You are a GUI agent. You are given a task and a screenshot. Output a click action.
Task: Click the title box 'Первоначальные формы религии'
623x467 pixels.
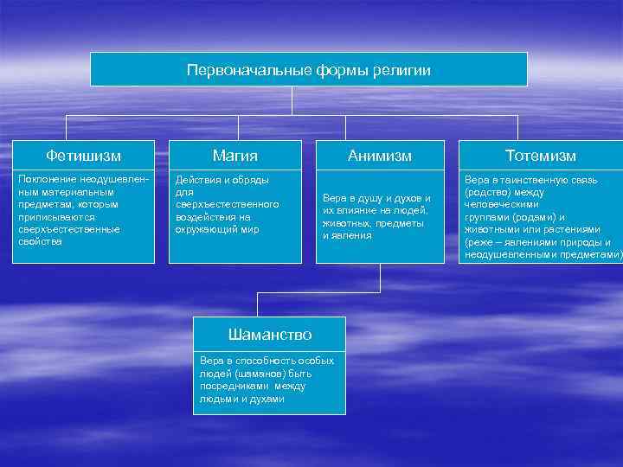(308, 69)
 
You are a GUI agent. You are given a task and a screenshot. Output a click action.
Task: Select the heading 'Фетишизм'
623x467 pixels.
(83, 156)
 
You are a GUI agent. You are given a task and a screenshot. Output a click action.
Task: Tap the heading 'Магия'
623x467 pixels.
(235, 156)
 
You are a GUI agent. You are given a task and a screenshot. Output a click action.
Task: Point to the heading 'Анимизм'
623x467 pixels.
(379, 156)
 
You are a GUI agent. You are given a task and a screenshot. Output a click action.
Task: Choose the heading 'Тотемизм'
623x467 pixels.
(541, 156)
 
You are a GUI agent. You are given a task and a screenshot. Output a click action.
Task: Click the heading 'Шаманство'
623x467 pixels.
(269, 334)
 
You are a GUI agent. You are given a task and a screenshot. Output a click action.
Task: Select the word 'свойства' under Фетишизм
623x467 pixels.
(40, 241)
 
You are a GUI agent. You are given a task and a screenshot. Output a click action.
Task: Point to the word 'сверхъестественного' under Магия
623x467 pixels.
(227, 204)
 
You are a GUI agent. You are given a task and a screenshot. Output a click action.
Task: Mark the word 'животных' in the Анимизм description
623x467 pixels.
(345, 223)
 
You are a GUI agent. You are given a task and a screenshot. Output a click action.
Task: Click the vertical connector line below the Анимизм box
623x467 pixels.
(380, 277)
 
